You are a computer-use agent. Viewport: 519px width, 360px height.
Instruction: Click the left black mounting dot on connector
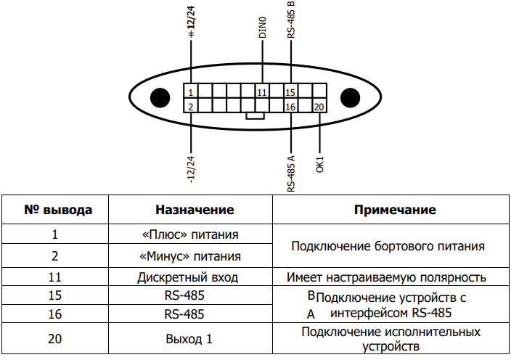coord(160,97)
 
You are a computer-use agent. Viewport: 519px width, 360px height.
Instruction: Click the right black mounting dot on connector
coord(350,97)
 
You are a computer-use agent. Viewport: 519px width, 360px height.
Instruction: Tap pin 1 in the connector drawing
coord(191,91)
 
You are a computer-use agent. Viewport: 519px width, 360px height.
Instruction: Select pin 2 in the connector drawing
coord(191,105)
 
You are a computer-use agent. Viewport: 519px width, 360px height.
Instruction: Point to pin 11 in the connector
coord(262,91)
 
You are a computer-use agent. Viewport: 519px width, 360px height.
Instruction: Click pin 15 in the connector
coord(290,91)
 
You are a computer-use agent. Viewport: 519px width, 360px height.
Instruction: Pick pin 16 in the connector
coord(290,105)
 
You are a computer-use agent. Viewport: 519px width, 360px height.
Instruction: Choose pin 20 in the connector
coord(319,105)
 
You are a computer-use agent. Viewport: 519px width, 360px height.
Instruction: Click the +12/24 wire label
coord(191,22)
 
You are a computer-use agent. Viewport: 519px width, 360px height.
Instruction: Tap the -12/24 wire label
coord(191,170)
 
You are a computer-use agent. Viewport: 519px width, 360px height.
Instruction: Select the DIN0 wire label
coord(262,28)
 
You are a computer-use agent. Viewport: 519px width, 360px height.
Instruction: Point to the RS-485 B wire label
coord(290,19)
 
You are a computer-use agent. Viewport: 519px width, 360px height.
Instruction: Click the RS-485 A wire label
coord(290,173)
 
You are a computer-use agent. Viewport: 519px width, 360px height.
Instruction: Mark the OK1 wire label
coord(319,165)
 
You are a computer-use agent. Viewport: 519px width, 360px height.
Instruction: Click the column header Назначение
coord(195,210)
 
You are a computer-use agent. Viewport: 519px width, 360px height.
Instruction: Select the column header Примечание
coord(395,210)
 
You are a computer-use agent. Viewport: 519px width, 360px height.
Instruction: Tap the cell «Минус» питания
coord(190,256)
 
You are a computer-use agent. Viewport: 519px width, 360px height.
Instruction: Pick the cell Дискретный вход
coord(188,277)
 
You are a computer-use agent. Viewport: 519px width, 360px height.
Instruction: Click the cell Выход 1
coord(189,339)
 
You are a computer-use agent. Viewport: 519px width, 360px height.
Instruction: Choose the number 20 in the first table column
coord(55,339)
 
